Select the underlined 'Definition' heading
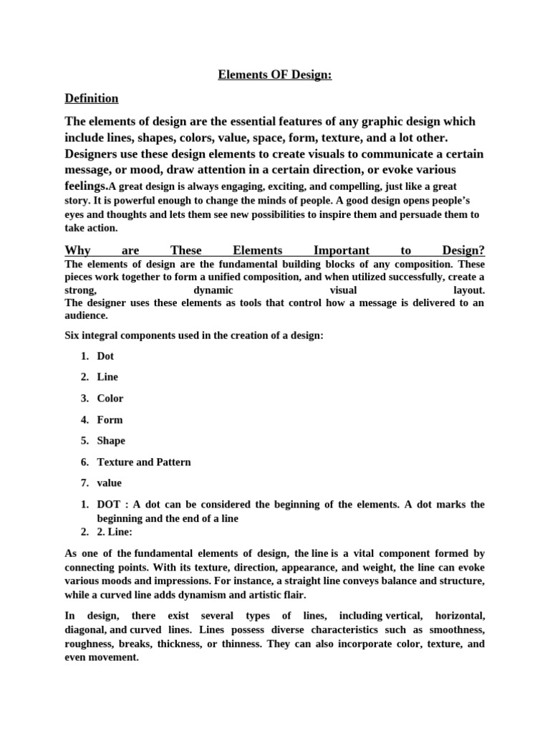92,98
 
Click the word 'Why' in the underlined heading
77,250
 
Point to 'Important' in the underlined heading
342,250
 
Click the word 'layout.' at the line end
469,290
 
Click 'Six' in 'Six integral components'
72,335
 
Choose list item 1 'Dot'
105,356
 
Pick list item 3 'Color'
110,399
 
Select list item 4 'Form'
110,420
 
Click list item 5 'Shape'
111,441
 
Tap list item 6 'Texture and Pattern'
144,462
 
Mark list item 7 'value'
110,484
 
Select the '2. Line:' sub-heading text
115,532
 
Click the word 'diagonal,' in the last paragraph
85,630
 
